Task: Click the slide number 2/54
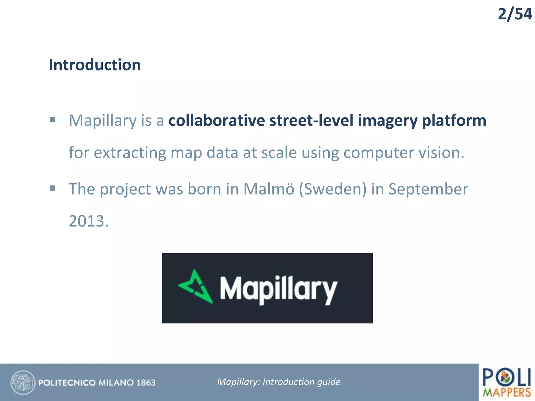(x=514, y=14)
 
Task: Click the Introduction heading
(x=95, y=65)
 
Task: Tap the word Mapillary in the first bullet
(x=102, y=121)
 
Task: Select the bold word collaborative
(x=217, y=121)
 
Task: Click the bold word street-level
(x=311, y=121)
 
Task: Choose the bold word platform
(x=454, y=121)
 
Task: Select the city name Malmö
(x=269, y=189)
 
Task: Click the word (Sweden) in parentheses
(x=333, y=189)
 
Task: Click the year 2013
(x=88, y=221)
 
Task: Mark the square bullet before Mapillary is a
(x=53, y=120)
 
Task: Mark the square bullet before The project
(x=53, y=188)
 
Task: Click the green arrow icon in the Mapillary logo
(x=196, y=287)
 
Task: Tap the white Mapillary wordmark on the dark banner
(x=278, y=289)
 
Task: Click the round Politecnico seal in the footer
(x=23, y=382)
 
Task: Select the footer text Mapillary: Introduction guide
(x=279, y=382)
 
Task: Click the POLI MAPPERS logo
(x=507, y=382)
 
